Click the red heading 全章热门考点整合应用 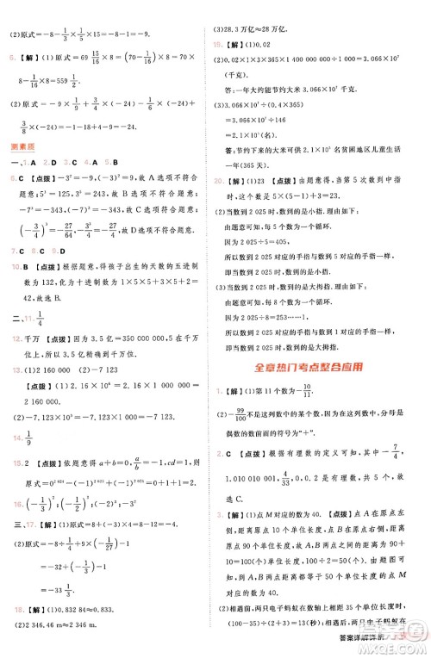point(320,367)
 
